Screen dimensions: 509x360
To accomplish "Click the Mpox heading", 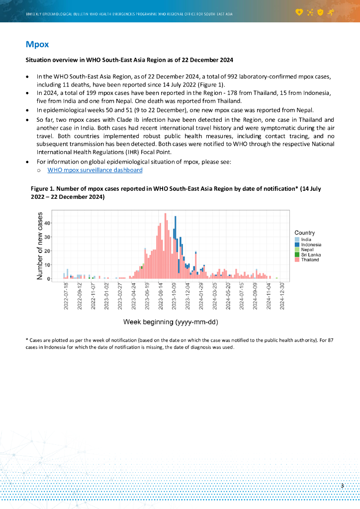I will (37, 44).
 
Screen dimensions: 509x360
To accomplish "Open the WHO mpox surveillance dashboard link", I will (95, 170).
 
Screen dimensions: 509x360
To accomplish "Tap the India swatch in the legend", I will (297, 240).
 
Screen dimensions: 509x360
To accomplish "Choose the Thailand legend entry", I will (310, 259).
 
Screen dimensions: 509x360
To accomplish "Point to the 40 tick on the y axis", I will (47, 223).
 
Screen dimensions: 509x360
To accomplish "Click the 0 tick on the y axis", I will (49, 279).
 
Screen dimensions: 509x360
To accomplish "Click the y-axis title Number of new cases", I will (40, 246).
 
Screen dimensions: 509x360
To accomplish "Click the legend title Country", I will (304, 233).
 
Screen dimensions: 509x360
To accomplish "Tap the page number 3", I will (342, 486).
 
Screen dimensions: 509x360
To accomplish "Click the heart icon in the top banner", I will (299, 11).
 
